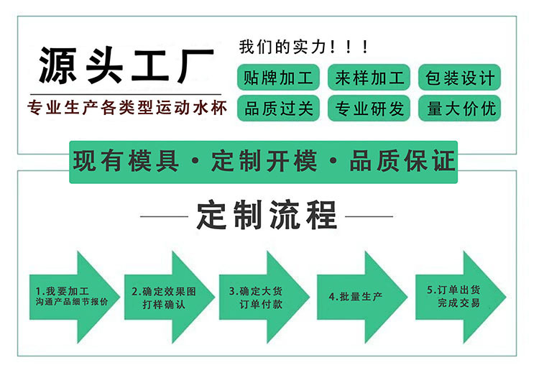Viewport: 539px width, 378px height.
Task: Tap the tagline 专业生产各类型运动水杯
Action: (x=126, y=109)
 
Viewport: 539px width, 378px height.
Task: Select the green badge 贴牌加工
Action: (x=279, y=77)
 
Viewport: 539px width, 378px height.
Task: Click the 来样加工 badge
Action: (x=369, y=77)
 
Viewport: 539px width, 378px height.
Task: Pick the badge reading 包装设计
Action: (x=460, y=77)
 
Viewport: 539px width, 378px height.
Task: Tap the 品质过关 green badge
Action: (x=279, y=108)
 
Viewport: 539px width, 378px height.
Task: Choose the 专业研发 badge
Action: (x=369, y=108)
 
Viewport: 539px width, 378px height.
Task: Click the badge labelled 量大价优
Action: (x=460, y=108)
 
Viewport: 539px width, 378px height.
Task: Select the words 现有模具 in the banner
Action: (x=126, y=161)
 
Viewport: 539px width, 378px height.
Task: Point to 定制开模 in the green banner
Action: (x=264, y=161)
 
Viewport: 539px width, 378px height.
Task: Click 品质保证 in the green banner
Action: (x=402, y=161)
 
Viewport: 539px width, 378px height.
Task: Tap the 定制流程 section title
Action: (x=266, y=215)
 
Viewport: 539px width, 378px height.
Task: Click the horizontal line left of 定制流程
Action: (x=163, y=216)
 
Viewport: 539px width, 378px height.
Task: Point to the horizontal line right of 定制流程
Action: (x=369, y=216)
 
